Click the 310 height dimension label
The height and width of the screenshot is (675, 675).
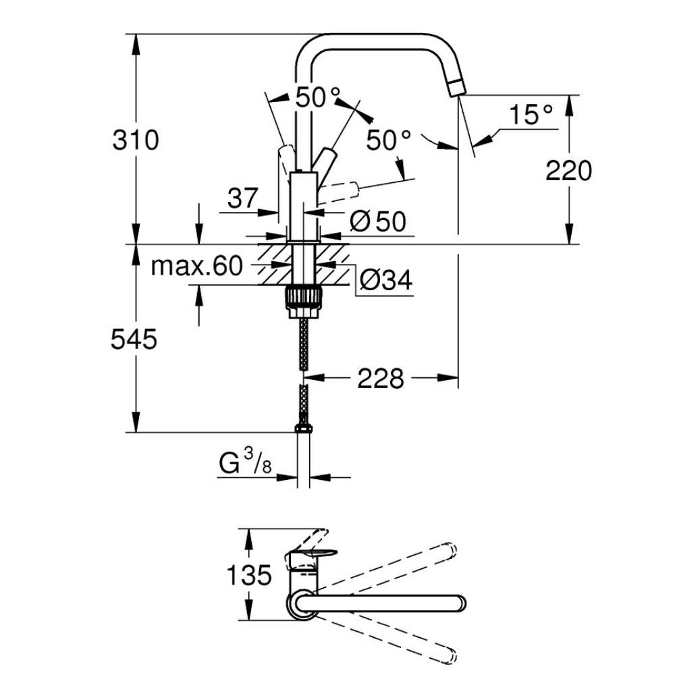[137, 140]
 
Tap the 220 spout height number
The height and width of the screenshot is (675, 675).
[568, 171]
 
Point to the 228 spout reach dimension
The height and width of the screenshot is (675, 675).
[380, 378]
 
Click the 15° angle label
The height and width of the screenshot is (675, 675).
[531, 114]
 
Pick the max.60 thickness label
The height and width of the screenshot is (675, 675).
[196, 267]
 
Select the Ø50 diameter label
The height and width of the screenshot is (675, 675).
[379, 221]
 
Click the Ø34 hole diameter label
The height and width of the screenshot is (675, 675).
[385, 279]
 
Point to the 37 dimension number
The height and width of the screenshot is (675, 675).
[243, 198]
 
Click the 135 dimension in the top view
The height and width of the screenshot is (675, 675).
[248, 576]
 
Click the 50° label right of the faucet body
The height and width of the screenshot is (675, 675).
[389, 140]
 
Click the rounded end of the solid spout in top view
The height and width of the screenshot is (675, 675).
[458, 603]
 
